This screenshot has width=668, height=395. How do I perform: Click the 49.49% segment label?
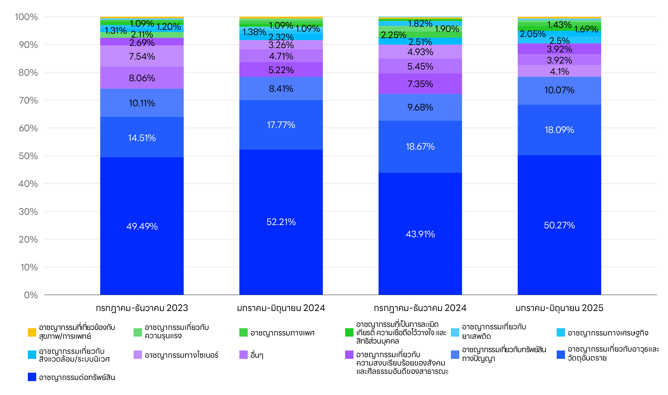click(142, 226)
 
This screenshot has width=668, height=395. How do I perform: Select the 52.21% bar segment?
click(281, 195)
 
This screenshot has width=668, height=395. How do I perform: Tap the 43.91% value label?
click(420, 234)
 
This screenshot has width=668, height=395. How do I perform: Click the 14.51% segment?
click(142, 147)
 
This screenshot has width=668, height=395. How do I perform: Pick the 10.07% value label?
click(559, 90)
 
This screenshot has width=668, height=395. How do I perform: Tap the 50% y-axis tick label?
click(28, 156)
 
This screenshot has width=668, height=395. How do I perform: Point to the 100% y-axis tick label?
click(26, 17)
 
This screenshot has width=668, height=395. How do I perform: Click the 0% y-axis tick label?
click(31, 295)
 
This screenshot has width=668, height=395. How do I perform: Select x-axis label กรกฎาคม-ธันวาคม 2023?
click(142, 308)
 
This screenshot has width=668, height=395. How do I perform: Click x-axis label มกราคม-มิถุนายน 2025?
click(559, 308)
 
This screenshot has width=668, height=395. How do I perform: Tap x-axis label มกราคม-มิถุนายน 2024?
click(281, 308)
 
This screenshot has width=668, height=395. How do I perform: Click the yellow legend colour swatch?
click(32, 332)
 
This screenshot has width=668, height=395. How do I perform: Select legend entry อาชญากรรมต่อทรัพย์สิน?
click(77, 377)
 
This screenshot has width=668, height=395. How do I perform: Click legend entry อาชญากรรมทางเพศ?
click(282, 333)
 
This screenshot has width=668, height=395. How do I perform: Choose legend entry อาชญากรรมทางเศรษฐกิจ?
click(608, 333)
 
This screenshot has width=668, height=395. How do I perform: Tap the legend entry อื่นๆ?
click(257, 355)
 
